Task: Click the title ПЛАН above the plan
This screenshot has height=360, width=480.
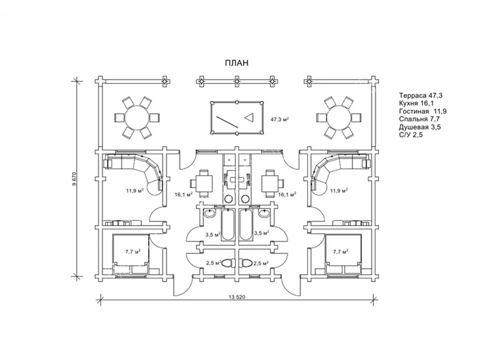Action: pyautogui.click(x=236, y=63)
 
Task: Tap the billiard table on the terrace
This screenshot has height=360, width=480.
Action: pyautogui.click(x=237, y=118)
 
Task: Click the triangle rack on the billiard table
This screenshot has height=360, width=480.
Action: pyautogui.click(x=250, y=117)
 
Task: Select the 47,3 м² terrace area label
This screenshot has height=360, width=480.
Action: pyautogui.click(x=280, y=119)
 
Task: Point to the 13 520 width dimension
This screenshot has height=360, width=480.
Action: pyautogui.click(x=237, y=297)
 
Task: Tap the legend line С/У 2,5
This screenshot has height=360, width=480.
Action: pyautogui.click(x=411, y=135)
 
